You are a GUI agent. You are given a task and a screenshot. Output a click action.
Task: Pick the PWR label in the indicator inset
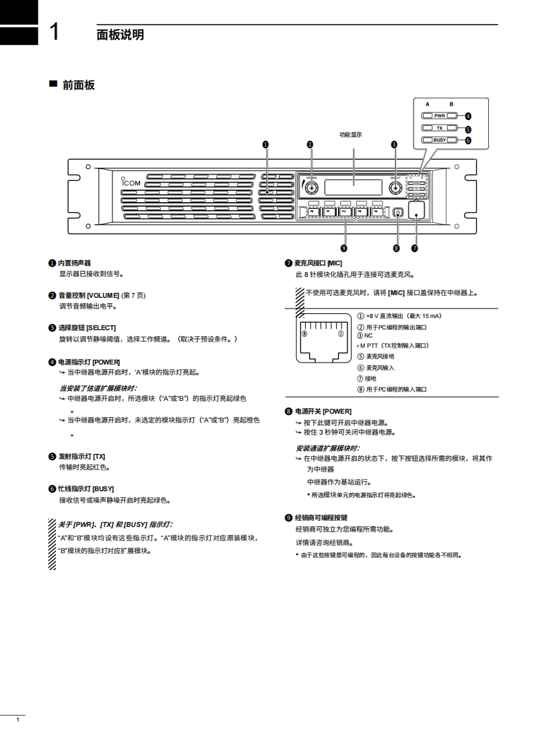[x=440, y=116]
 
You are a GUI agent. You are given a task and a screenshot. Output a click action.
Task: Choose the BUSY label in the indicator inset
[x=440, y=140]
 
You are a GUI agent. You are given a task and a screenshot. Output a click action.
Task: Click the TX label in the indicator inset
[x=440, y=128]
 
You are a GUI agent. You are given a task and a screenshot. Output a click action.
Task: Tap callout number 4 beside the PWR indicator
[x=468, y=116]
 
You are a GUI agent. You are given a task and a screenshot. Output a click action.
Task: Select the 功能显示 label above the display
[x=350, y=135]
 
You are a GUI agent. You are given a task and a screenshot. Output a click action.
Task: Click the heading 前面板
[x=78, y=85]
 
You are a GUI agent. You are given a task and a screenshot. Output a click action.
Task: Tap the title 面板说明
[x=120, y=34]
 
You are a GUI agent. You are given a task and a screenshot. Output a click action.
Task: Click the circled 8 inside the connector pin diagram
[x=304, y=334]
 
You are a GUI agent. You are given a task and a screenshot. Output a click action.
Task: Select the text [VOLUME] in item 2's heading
[x=102, y=295]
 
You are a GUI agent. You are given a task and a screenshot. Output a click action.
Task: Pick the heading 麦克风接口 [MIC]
[x=319, y=263]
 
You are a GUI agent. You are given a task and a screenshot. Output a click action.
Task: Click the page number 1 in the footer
[x=18, y=721]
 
